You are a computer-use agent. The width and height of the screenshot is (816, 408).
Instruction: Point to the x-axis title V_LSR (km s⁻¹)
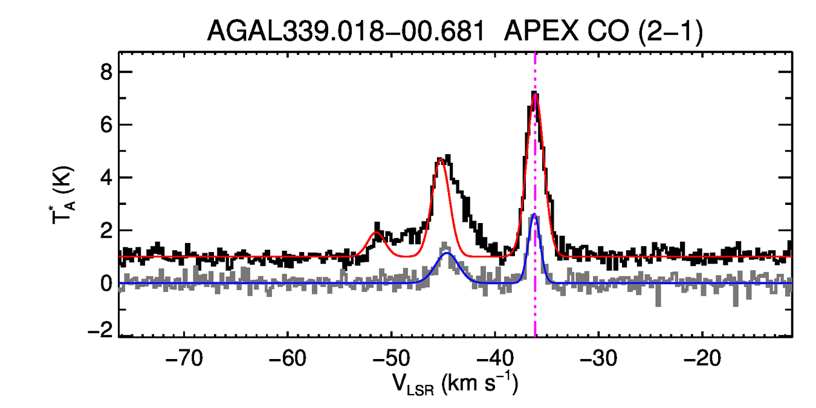[455, 384]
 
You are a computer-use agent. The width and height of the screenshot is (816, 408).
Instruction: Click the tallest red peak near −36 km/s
[535, 94]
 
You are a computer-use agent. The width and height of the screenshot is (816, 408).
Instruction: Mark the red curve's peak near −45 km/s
[441, 160]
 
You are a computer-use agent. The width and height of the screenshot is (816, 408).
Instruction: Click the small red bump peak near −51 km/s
[376, 232]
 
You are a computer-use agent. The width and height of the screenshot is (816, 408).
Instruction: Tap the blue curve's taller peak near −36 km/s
[534, 215]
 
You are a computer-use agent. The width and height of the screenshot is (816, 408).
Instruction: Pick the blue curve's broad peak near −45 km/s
[447, 253]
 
